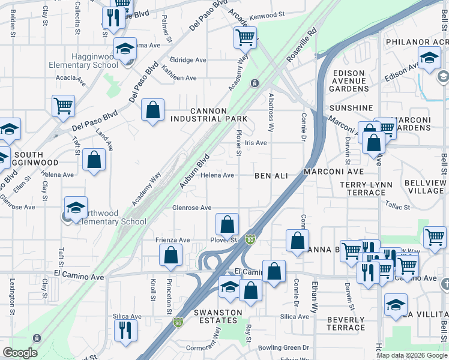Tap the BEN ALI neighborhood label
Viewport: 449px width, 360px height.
click(271, 175)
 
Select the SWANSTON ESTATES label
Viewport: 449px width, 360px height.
click(217, 316)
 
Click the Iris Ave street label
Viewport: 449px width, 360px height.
click(256, 143)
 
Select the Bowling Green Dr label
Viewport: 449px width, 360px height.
click(285, 347)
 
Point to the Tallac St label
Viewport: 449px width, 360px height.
click(397, 206)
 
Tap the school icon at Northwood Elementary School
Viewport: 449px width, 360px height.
click(76, 208)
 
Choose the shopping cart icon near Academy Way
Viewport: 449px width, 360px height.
click(245, 37)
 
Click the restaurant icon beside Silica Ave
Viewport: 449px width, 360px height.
click(125, 329)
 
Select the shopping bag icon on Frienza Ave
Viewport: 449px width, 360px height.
click(171, 254)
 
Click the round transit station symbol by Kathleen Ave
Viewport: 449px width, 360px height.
click(255, 83)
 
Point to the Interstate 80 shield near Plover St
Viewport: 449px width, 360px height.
click(249, 239)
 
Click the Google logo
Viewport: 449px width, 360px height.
click(20, 353)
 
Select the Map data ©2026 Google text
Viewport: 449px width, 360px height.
click(411, 355)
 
